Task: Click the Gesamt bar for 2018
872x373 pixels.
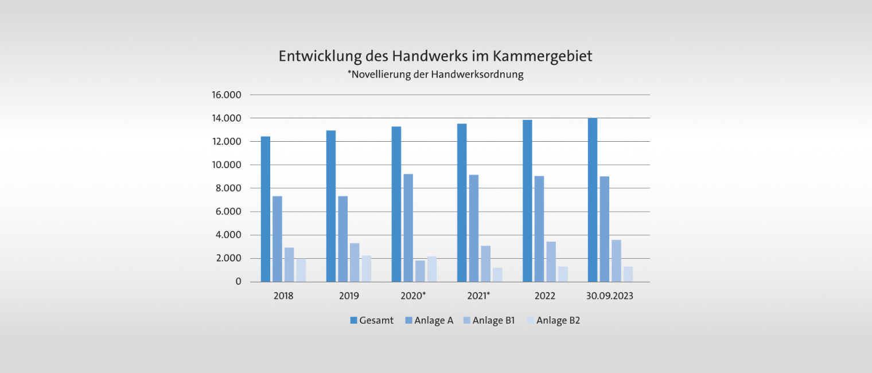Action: pyautogui.click(x=265, y=209)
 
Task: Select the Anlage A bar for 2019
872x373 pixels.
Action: pyautogui.click(x=342, y=239)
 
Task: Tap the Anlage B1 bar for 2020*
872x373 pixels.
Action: pyautogui.click(x=420, y=271)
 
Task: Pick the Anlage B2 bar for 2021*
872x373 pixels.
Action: pyautogui.click(x=497, y=275)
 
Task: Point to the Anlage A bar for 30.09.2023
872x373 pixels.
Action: pyautogui.click(x=605, y=229)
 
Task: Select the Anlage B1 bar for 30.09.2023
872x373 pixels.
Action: pyautogui.click(x=616, y=261)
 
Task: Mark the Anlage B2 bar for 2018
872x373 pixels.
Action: pyautogui.click(x=301, y=270)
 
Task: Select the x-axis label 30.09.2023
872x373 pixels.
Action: pyautogui.click(x=610, y=296)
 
